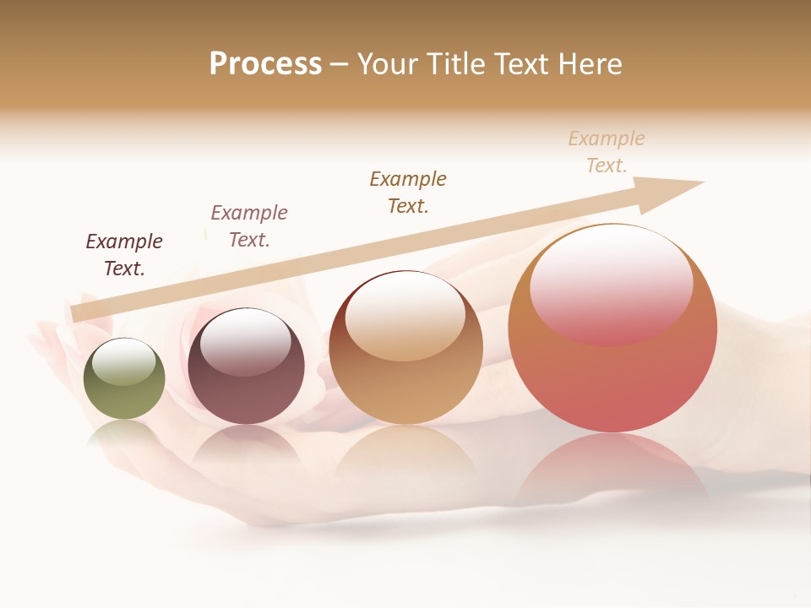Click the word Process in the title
click(x=265, y=64)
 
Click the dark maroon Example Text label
click(x=124, y=255)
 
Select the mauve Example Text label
click(x=249, y=226)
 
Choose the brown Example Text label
click(x=408, y=193)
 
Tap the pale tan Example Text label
click(x=607, y=152)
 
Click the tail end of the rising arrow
click(x=78, y=313)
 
